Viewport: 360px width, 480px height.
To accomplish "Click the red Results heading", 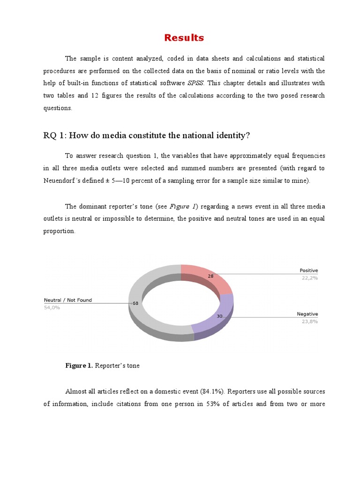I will click(184, 38).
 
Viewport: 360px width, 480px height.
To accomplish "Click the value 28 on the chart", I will click(210, 277).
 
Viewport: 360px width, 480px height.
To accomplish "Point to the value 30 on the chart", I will click(219, 316).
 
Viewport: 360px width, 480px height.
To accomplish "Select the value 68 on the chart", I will click(135, 303).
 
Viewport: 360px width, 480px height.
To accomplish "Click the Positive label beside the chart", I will click(308, 270).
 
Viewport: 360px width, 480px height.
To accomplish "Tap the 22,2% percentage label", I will click(309, 278).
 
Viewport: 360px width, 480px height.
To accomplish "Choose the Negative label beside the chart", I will click(307, 314).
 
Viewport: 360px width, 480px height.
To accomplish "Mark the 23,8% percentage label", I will click(309, 322).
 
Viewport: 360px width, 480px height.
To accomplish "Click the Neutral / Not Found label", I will click(68, 300).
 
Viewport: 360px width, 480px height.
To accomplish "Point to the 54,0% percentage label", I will click(52, 307).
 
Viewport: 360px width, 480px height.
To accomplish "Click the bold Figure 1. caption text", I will click(79, 366).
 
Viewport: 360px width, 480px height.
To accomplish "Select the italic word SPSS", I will click(195, 83).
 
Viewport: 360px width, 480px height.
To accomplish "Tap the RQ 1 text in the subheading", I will click(52, 135).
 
